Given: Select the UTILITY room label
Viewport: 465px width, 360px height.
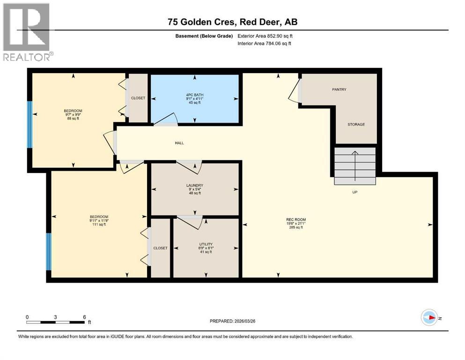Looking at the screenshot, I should point(206,244).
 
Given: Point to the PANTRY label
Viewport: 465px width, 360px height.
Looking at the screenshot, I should point(339,90).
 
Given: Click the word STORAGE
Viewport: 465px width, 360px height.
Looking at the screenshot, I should point(356,124).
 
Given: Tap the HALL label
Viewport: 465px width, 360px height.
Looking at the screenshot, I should point(179,143).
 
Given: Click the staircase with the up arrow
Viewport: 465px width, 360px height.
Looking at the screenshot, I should point(355,166).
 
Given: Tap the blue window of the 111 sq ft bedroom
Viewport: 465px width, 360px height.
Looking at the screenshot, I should point(48,252).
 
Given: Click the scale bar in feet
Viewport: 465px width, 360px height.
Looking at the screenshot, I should point(56,322).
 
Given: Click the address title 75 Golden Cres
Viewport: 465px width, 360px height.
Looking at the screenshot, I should point(232,22).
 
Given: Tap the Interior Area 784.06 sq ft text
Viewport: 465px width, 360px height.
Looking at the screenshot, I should point(264,44).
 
